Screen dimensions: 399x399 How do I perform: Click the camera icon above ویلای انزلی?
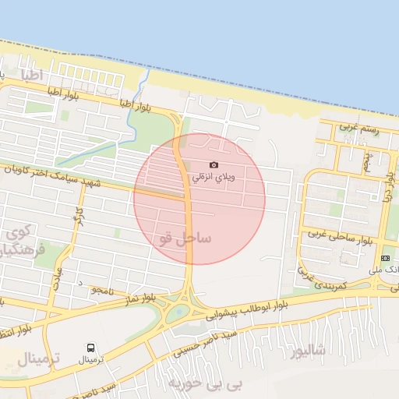pos(214,164)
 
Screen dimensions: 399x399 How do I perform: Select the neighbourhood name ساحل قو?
pos(184,238)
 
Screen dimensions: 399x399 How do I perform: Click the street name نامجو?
pos(103,289)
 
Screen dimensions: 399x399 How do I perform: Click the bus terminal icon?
pos(91,348)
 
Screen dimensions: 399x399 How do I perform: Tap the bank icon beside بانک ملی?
pos(385,258)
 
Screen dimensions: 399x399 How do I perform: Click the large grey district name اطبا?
pos(37,76)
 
